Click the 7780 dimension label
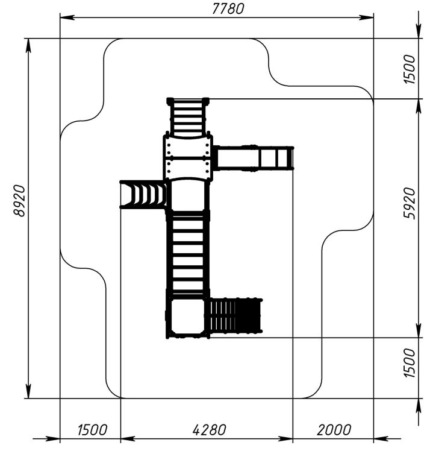228,8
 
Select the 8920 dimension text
20,201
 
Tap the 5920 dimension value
410,203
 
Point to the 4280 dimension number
210,430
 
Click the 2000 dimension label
334,430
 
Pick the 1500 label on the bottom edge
92,430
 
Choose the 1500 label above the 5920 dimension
410,69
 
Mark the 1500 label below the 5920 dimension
410,363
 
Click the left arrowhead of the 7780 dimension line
67,17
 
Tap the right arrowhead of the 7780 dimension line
366,17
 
